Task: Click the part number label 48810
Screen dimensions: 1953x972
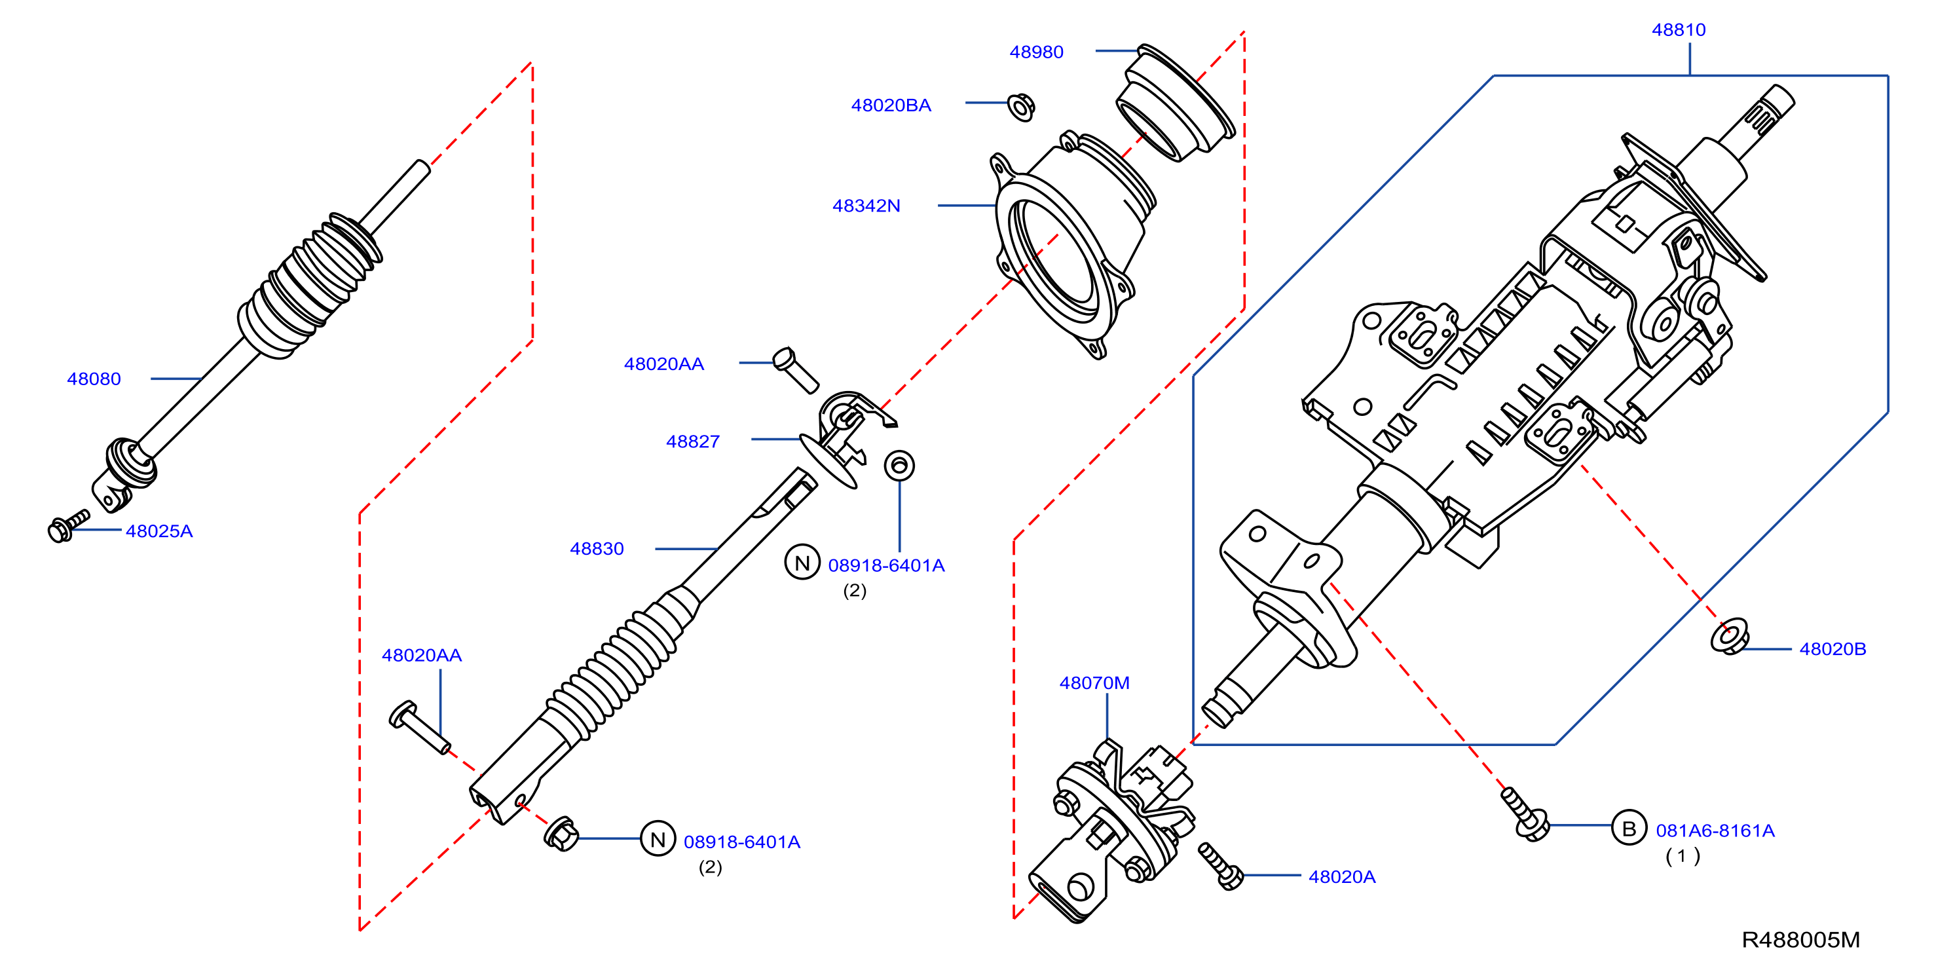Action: point(1678,30)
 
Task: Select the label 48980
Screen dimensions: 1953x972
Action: point(1035,52)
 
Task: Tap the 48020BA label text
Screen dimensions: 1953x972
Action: point(890,105)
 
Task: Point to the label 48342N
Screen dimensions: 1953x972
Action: point(866,206)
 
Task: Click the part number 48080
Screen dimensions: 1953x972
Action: point(94,379)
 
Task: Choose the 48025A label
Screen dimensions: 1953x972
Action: point(159,531)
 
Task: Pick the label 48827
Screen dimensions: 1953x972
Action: point(692,442)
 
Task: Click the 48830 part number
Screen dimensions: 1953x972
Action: point(597,549)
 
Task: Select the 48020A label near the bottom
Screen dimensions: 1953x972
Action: point(1341,877)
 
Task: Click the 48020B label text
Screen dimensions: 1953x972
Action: point(1832,649)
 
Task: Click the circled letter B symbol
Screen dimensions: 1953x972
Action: point(1629,829)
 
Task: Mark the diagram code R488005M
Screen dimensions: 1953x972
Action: point(1800,940)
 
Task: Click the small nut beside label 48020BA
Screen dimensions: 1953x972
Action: point(1021,107)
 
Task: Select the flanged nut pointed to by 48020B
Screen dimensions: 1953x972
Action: point(1730,638)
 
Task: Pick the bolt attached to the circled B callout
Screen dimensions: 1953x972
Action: point(1524,814)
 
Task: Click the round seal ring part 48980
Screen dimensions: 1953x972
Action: point(1175,102)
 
